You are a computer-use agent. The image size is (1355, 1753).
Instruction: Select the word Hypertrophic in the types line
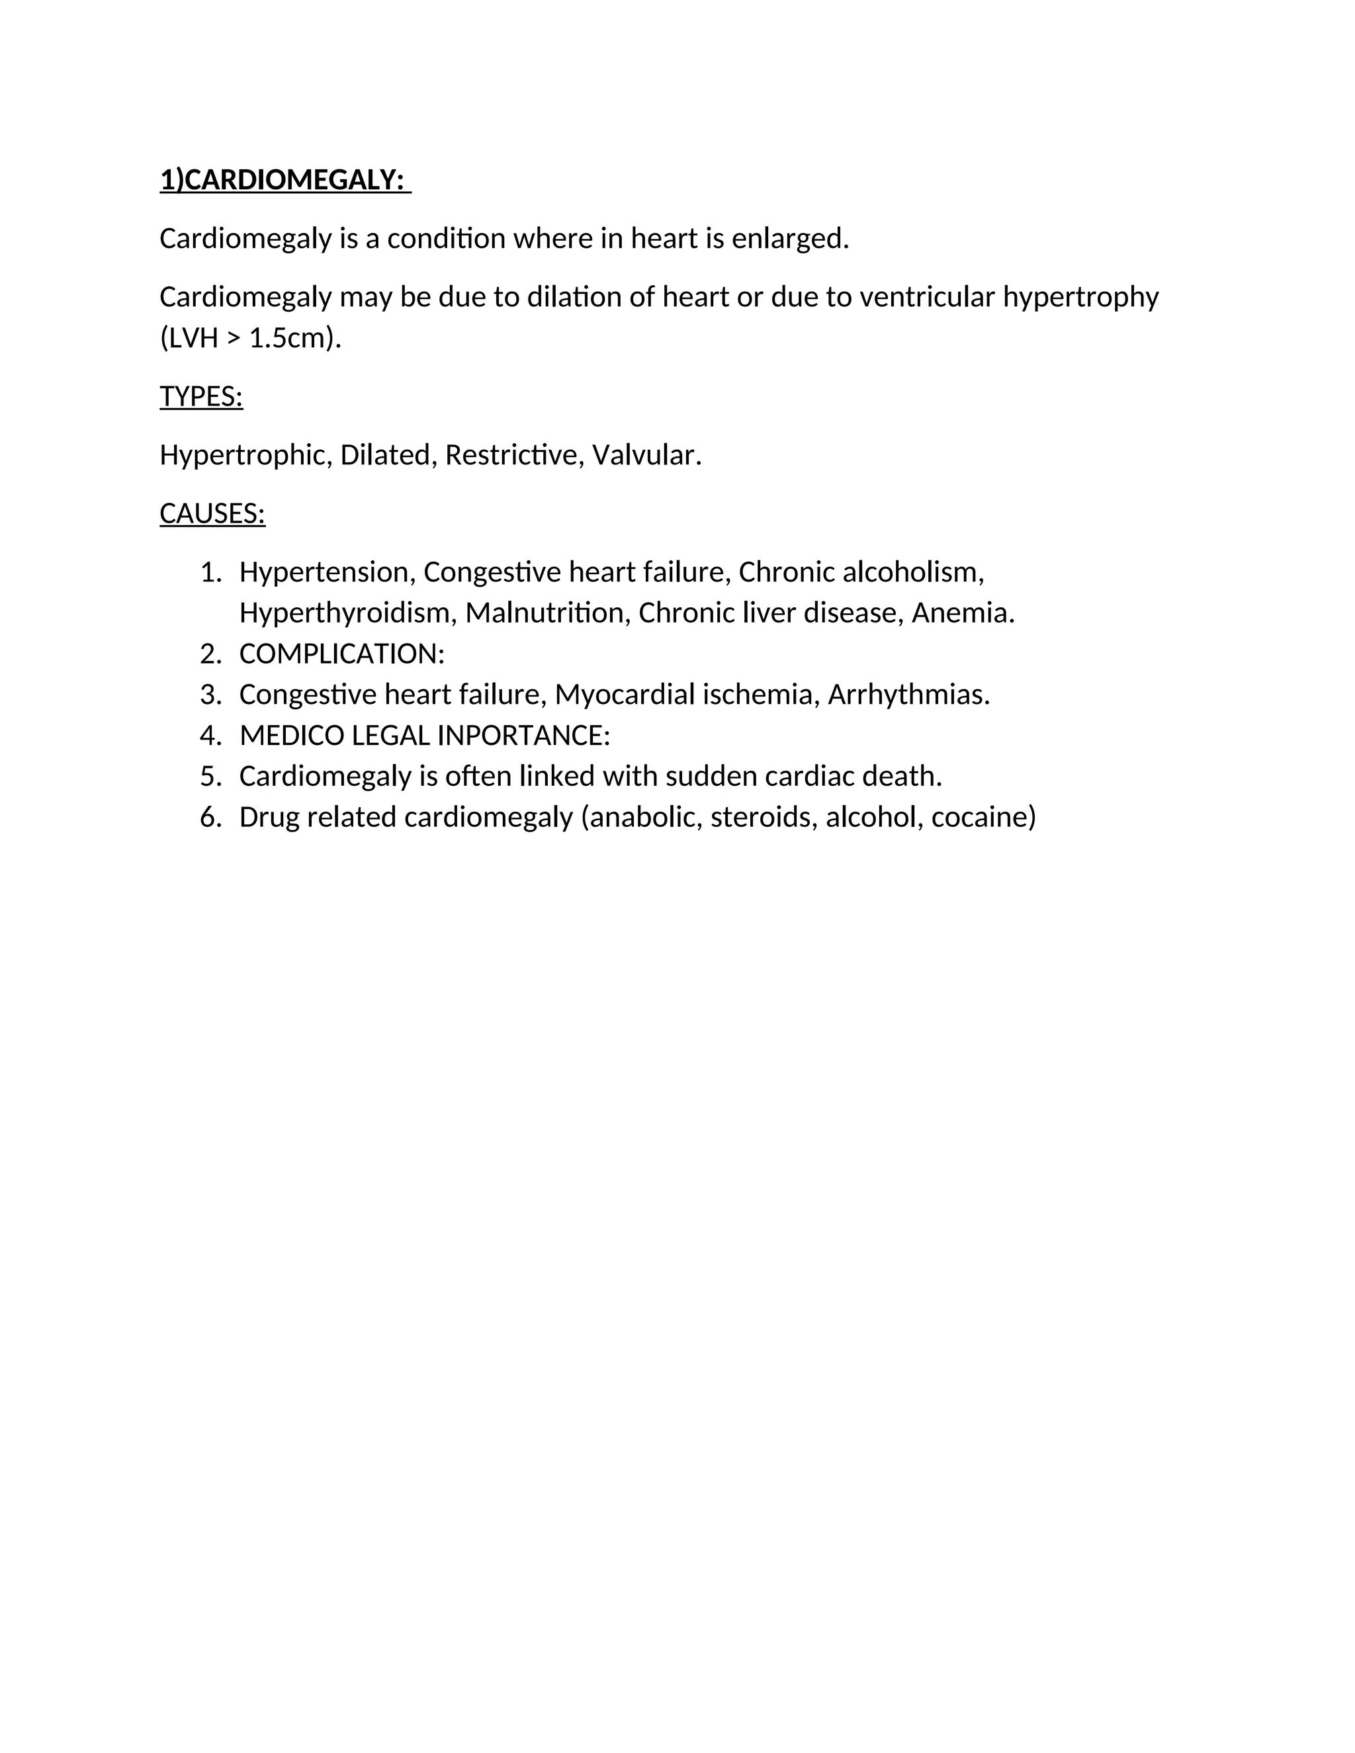point(245,455)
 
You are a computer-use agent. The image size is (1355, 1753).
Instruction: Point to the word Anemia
point(963,613)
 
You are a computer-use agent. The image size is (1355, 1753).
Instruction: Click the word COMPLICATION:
point(341,654)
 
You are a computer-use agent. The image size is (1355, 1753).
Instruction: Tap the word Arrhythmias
point(908,695)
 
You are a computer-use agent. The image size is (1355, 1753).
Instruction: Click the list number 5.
point(210,776)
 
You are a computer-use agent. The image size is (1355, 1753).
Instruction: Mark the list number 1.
point(210,572)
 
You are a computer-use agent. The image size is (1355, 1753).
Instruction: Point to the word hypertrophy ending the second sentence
point(1080,297)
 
